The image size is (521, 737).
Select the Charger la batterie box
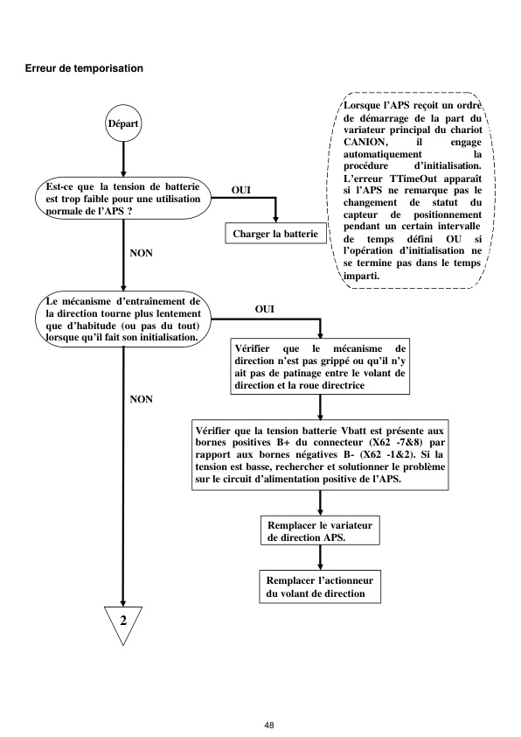(x=275, y=234)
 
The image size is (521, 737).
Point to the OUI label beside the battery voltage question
(x=241, y=188)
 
